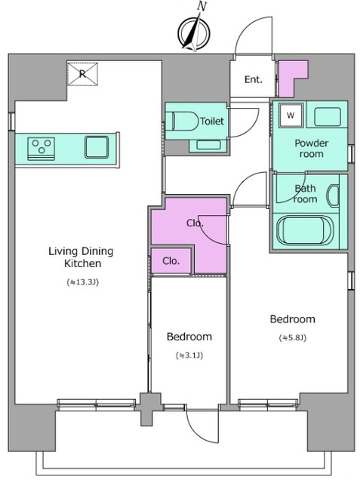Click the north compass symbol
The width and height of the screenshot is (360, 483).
(x=194, y=32)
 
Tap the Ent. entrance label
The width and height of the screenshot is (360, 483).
(x=253, y=79)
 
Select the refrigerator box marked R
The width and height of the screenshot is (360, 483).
(x=82, y=74)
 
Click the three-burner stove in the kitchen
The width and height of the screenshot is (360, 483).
(x=42, y=149)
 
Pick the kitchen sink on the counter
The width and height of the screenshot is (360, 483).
(x=97, y=147)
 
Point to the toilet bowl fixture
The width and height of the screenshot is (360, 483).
(x=182, y=122)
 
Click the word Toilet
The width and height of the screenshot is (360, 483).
(x=212, y=121)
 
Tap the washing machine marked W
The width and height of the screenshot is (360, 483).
(x=291, y=115)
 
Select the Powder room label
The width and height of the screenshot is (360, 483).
(x=312, y=149)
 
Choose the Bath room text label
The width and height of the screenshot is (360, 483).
(x=305, y=194)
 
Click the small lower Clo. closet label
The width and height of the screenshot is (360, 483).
(x=171, y=261)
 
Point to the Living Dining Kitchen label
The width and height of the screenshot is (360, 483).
(x=81, y=257)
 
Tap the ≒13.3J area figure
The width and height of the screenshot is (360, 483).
(x=82, y=282)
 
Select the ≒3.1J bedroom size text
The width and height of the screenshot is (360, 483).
(x=189, y=355)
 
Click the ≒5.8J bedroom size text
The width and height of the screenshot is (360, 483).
(x=293, y=338)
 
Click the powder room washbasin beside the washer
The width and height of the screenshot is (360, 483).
(x=328, y=117)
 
